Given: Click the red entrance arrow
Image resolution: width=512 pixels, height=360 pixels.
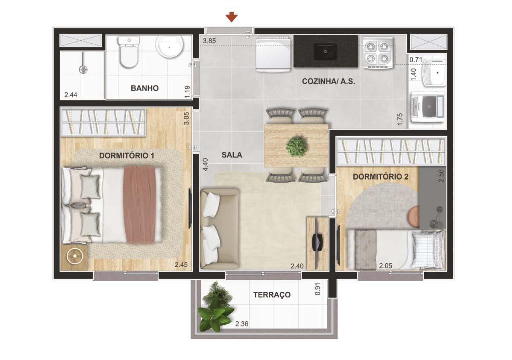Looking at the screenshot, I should pos(231,18).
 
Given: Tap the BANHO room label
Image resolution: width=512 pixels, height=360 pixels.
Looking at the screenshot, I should pos(145,88).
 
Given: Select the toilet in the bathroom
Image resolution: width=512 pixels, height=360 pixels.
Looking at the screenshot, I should pos(128,53).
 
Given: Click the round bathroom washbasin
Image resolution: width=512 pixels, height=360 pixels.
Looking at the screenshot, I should pos(170,47).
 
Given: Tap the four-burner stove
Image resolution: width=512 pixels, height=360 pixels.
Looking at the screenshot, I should pos(377,53).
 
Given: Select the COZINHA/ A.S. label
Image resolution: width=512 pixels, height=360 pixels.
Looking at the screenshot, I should pos(328,81).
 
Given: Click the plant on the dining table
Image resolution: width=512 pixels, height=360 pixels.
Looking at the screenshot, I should pos(296,146).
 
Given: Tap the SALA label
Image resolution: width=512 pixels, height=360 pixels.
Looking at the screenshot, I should pos(232,155).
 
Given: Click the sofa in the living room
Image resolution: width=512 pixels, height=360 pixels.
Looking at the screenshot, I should pos(219,229).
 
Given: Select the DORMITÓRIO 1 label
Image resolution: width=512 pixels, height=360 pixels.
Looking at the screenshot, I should pos(126,156).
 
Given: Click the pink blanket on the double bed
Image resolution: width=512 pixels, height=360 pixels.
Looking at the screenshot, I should pos(139,204).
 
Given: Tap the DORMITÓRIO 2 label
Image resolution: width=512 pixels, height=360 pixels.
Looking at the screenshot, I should pos(381,176).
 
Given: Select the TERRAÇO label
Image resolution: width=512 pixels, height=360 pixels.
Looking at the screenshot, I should pos(272,295).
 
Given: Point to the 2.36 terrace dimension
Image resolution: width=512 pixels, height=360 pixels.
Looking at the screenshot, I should pos(242,324).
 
